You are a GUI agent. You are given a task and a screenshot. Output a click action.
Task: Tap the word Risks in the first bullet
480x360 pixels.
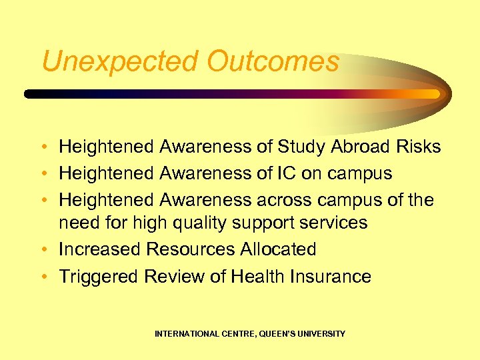point(418,147)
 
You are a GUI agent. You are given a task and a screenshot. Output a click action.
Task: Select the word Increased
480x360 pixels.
point(100,249)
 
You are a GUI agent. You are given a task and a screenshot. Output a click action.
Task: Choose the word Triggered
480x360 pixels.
point(99,277)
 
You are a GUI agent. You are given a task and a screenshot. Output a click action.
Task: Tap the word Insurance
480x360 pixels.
point(328,277)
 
